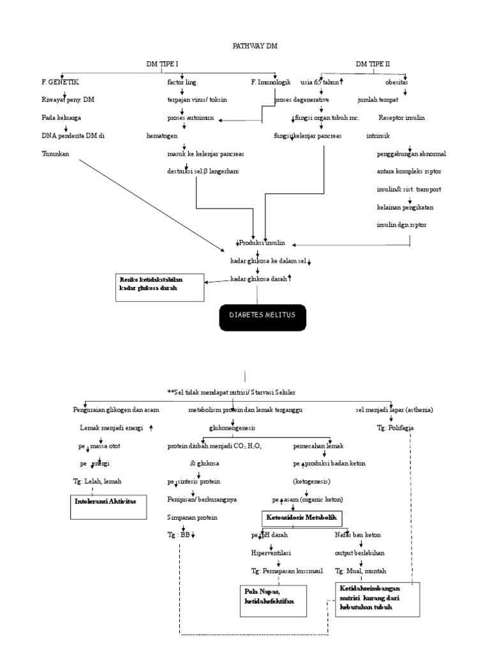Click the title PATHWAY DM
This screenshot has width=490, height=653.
pos(255,46)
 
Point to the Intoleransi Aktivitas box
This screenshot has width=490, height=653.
pos(107,502)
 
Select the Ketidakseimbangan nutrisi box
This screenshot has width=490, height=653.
pos(376,598)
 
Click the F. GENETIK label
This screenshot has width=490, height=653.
pos(61,82)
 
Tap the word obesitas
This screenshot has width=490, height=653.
pos(396,82)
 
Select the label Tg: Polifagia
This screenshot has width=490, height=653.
pos(395,428)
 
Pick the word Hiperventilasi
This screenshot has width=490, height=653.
pos(272,552)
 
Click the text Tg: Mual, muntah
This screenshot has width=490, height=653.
pos(360,570)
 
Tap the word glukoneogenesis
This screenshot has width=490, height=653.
pos(232,428)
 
